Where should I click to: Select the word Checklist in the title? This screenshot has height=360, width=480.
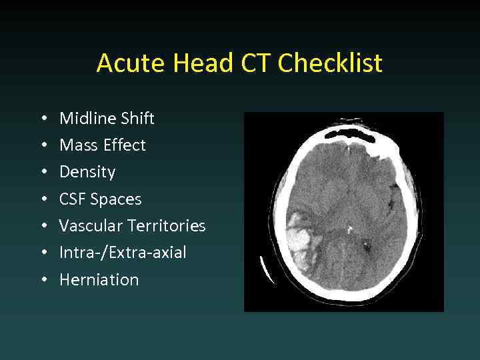pyautogui.click(x=330, y=63)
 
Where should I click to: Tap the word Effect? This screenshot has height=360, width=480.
pyautogui.click(x=121, y=145)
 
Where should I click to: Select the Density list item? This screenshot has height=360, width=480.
pyautogui.click(x=87, y=172)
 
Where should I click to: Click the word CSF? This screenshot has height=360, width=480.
pyautogui.click(x=73, y=199)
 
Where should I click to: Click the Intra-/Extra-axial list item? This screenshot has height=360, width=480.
pyautogui.click(x=123, y=253)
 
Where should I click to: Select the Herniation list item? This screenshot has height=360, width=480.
pyautogui.click(x=99, y=280)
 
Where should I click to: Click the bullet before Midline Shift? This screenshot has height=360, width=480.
pyautogui.click(x=43, y=119)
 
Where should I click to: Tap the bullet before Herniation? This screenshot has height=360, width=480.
pyautogui.click(x=43, y=280)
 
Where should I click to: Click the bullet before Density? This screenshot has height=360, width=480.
pyautogui.click(x=43, y=172)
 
